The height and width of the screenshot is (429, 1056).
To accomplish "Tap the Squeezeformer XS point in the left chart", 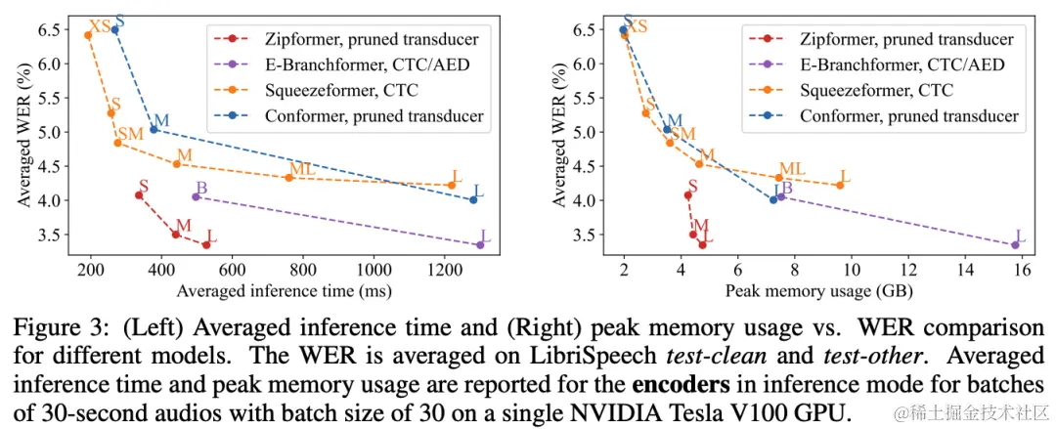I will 88,35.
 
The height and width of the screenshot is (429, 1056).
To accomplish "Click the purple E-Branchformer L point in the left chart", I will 479,244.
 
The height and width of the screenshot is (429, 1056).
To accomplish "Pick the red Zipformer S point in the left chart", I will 139,195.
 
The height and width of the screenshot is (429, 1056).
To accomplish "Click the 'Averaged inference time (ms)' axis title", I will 284,290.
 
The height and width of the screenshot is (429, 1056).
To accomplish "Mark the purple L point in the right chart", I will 1015,244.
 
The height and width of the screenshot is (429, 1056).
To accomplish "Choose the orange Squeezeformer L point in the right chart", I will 839,185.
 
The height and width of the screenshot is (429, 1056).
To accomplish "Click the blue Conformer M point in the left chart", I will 154,129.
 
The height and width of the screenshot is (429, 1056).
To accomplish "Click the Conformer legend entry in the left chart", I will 373,115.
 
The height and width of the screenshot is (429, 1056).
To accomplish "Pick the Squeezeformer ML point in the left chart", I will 289,177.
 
